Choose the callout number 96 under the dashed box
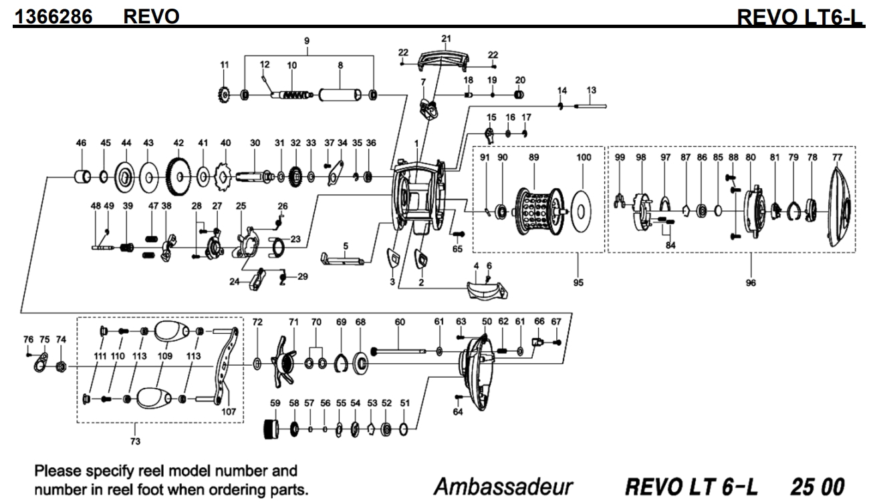click(751, 282)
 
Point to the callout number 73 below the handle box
click(136, 441)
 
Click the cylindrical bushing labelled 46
click(82, 178)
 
